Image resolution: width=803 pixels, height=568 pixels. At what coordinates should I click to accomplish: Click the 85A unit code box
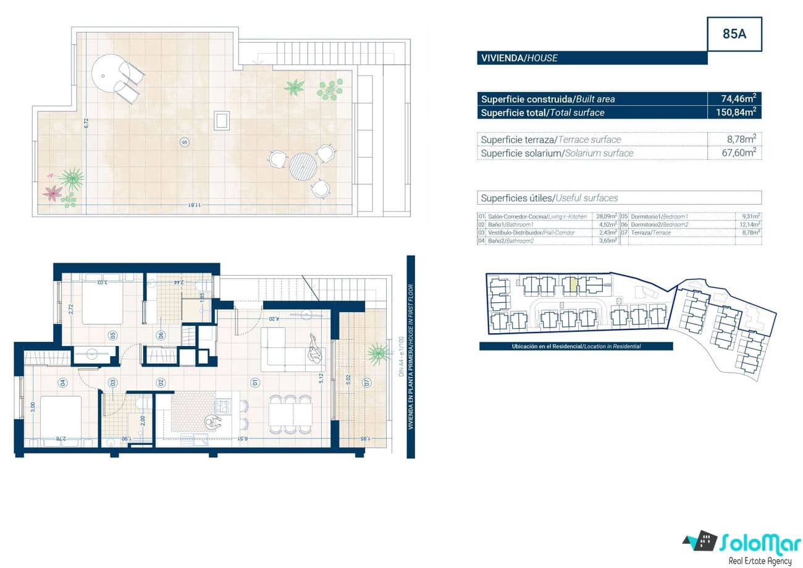coord(734,34)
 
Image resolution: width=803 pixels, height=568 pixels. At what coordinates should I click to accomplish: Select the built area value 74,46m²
coord(739,99)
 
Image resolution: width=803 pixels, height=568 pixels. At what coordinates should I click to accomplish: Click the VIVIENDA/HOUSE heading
coord(519,58)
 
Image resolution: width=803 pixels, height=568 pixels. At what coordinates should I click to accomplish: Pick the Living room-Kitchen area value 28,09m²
coord(606,217)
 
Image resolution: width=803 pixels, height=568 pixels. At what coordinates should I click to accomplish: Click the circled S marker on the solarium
coord(183,142)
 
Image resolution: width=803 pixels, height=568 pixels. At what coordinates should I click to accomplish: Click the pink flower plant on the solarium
coord(52,193)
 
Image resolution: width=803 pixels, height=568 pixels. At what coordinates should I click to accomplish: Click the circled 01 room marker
coord(254,383)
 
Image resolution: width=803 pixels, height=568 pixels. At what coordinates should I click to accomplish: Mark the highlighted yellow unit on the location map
coord(573,285)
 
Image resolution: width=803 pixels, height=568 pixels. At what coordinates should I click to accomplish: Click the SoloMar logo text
coord(757,543)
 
